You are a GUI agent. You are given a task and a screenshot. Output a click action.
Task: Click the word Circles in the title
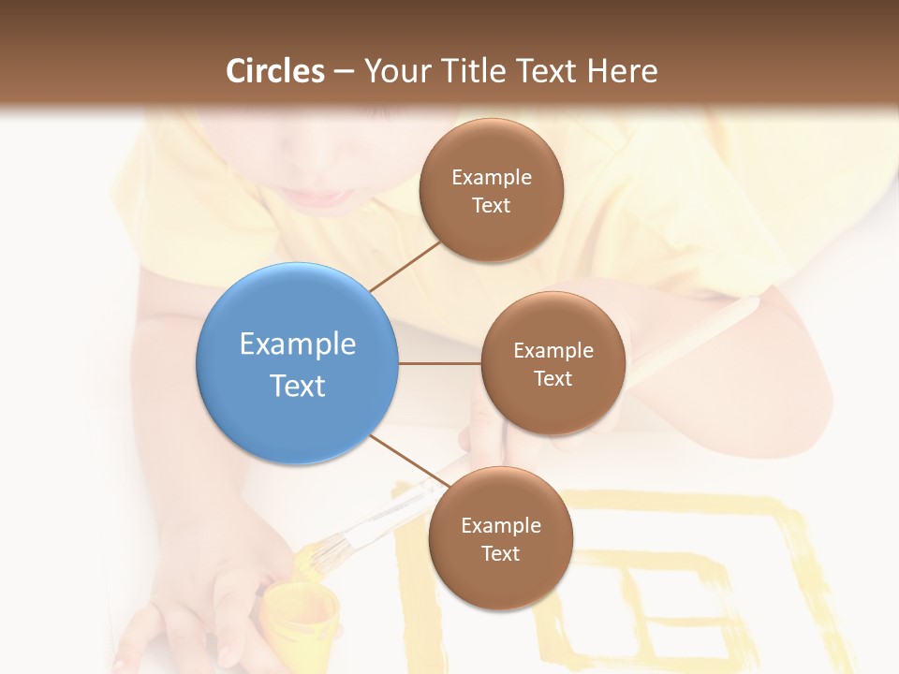[x=275, y=71]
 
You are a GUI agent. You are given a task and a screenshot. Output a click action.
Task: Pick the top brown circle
[x=492, y=234]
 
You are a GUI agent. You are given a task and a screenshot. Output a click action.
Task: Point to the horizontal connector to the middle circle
[x=440, y=362]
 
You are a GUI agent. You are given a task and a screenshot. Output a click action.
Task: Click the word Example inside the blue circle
[x=298, y=344]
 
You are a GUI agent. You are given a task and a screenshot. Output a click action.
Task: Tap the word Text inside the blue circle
[x=298, y=386]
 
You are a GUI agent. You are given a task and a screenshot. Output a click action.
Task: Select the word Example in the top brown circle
[x=492, y=177]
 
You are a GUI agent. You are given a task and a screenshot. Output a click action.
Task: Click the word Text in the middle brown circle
[x=553, y=378]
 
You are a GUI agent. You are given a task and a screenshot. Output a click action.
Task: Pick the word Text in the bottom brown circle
[x=500, y=553]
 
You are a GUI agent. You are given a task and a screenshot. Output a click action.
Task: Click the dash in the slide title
[x=344, y=72]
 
